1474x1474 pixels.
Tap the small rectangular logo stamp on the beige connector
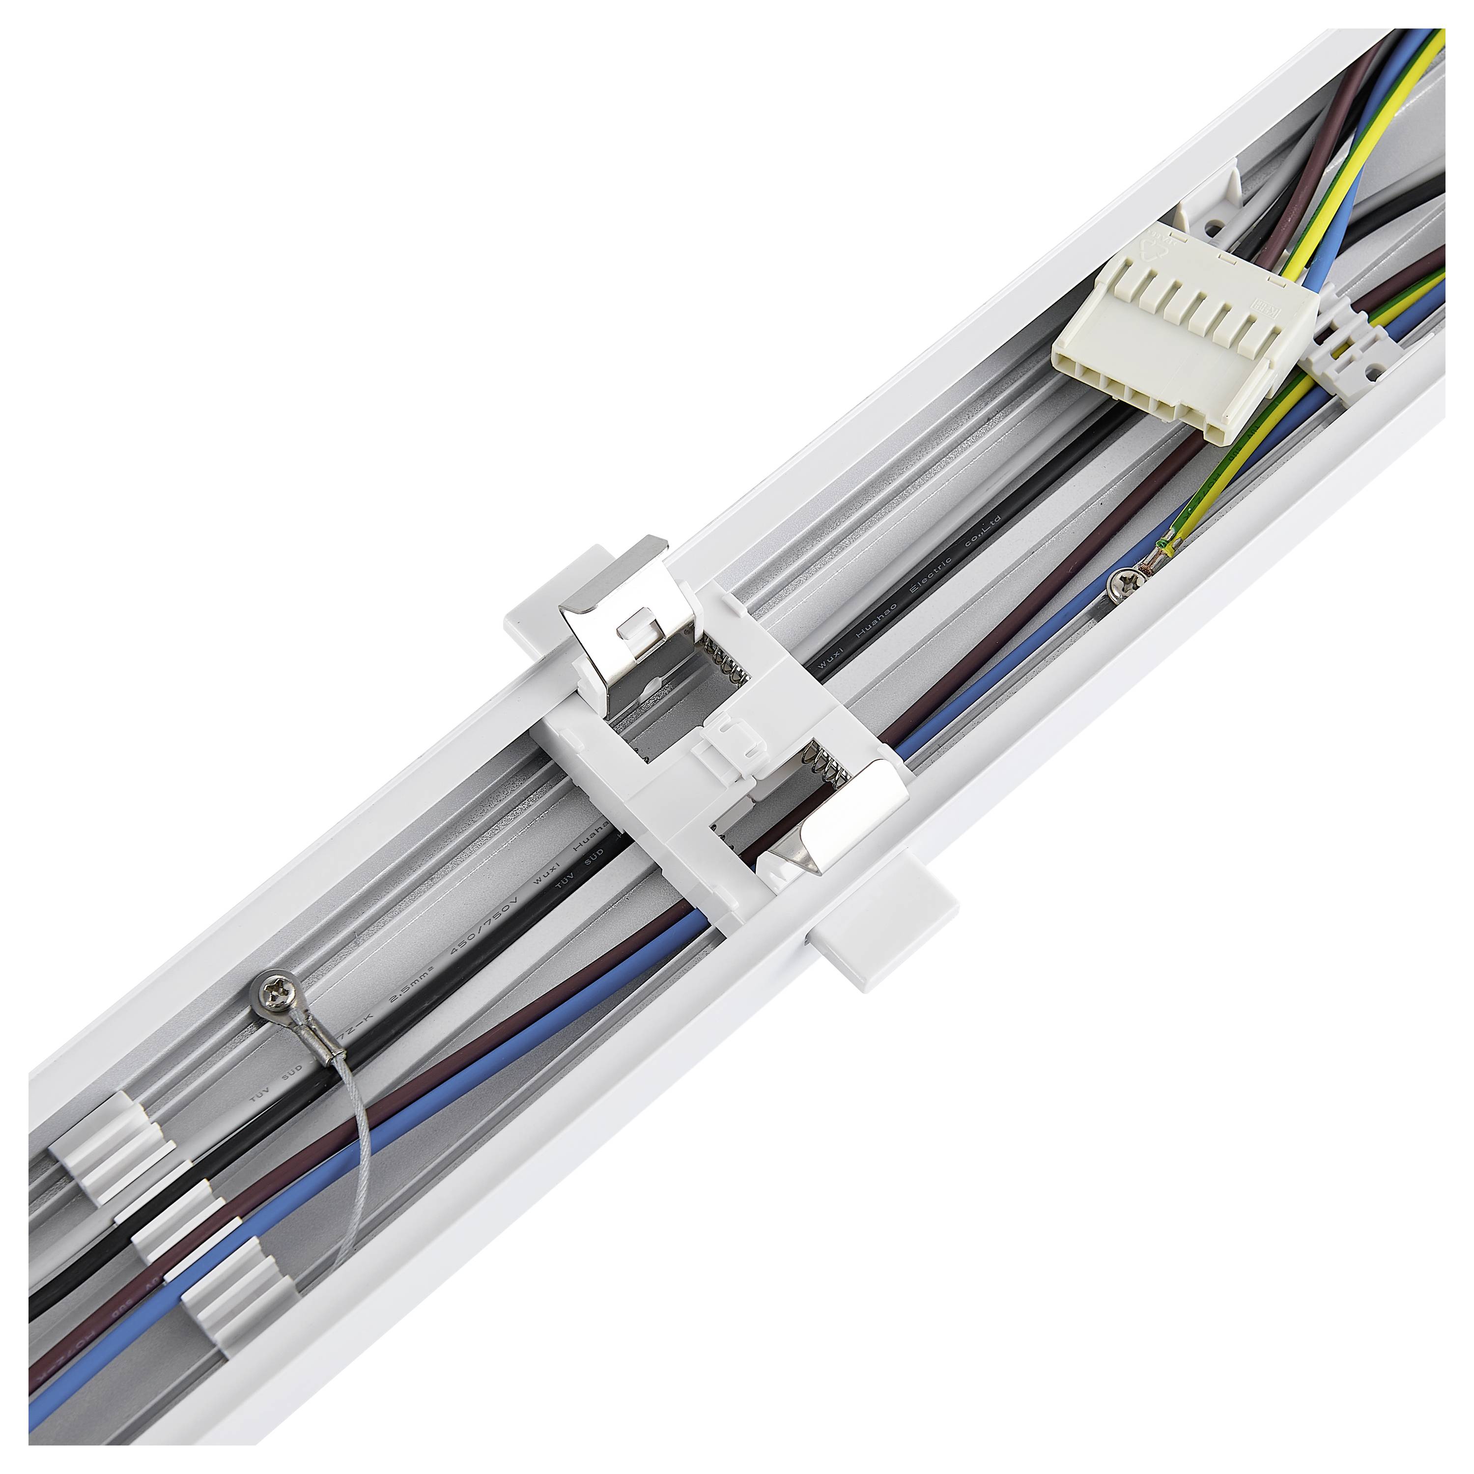click(1267, 309)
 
